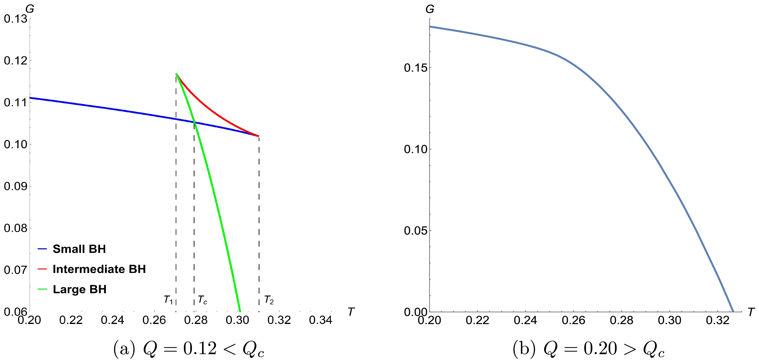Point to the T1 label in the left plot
click(x=168, y=300)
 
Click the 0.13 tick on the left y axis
click(x=15, y=19)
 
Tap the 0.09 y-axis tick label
click(x=15, y=186)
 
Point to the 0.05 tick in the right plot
click(x=415, y=231)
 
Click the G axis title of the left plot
click(x=30, y=9)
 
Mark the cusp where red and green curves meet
click(x=176, y=74)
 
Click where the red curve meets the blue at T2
click(x=259, y=136)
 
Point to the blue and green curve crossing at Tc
click(x=194, y=122)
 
